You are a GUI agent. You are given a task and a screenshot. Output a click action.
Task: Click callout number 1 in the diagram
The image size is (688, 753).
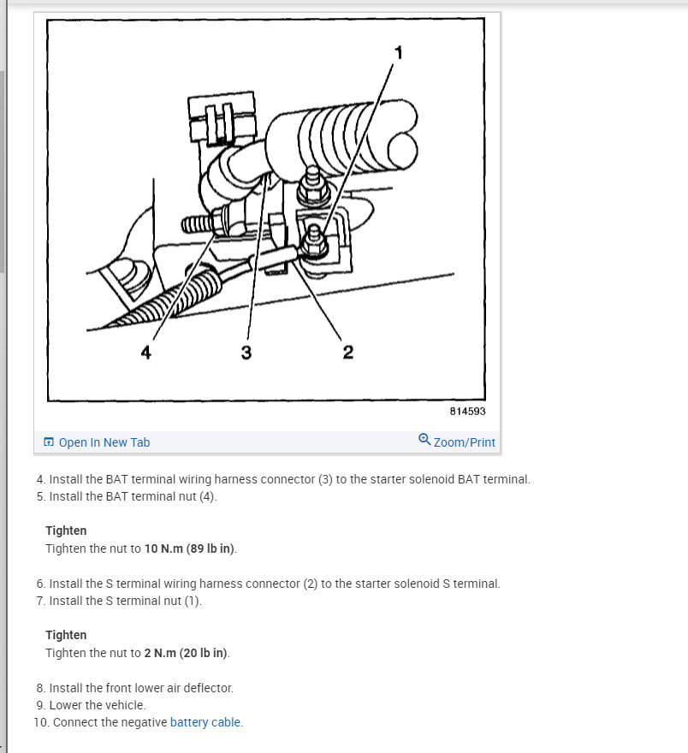coord(398,53)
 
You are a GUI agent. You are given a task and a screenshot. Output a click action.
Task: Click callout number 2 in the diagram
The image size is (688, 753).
coord(348,353)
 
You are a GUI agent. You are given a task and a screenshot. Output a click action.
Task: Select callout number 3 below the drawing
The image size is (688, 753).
coord(246,353)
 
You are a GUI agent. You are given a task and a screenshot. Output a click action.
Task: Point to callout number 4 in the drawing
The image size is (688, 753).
coord(146,353)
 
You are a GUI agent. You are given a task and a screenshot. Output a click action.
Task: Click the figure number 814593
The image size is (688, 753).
coord(467,411)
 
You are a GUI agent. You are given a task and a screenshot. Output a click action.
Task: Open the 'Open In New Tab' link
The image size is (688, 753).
coord(104,442)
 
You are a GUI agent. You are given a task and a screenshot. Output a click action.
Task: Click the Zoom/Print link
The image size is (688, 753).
coord(464,442)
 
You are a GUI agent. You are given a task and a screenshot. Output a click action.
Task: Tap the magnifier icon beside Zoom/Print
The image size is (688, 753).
coord(424,440)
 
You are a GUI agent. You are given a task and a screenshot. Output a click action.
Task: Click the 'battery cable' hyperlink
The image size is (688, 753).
coord(205,722)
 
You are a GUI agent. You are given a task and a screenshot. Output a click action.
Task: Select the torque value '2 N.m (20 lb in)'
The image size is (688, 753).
coord(186,653)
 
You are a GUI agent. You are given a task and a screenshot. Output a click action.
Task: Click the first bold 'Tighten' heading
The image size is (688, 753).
coord(66,531)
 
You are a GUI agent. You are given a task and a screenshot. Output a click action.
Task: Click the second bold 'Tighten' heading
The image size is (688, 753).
coord(66,635)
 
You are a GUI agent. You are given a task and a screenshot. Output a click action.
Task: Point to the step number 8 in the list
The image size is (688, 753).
coord(39,688)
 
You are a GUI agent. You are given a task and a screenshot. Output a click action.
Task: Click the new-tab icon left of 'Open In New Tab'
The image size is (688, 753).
coord(49,442)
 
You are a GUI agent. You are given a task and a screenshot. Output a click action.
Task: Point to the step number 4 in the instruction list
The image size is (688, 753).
coord(39,479)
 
